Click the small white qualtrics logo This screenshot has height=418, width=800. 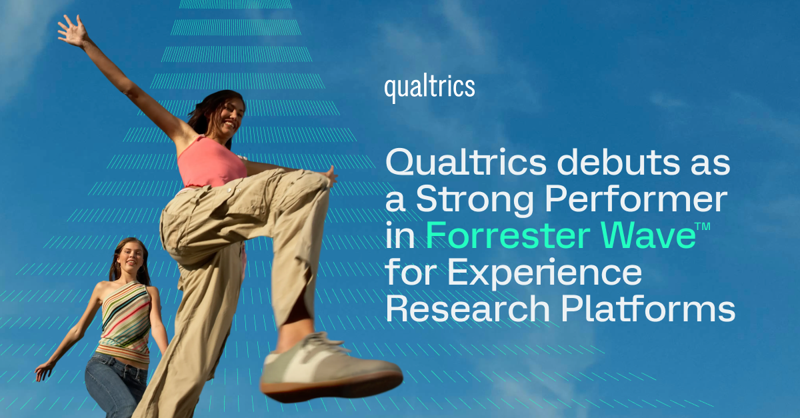pyautogui.click(x=429, y=89)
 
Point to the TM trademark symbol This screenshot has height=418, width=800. pyautogui.click(x=703, y=227)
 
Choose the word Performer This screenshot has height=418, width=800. pyautogui.click(x=636, y=198)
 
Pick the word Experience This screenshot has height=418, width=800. pyautogui.click(x=545, y=273)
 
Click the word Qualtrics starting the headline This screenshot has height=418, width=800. pyautogui.click(x=466, y=162)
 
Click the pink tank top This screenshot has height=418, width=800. pyautogui.click(x=211, y=163)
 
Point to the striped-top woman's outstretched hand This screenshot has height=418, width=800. pyautogui.click(x=43, y=371)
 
